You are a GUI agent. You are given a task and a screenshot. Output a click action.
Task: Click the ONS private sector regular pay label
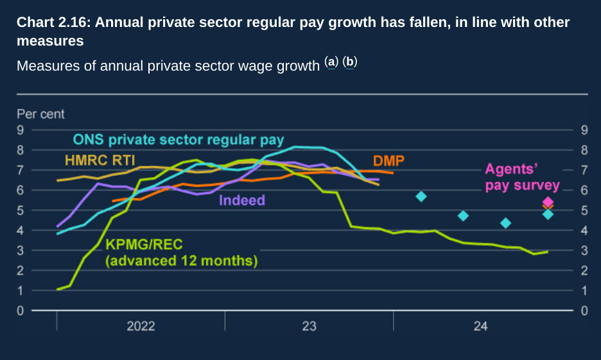click(x=178, y=139)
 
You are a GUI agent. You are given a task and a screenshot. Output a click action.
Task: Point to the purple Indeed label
click(x=242, y=200)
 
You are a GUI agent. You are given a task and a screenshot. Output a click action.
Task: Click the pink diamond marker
click(x=548, y=202)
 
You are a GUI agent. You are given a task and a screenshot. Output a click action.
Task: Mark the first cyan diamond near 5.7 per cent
click(x=421, y=196)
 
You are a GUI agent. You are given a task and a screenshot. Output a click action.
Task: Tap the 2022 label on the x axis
click(x=141, y=327)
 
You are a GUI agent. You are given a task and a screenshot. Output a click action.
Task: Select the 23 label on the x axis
click(x=309, y=327)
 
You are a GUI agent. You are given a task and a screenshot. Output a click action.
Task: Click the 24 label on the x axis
click(x=480, y=327)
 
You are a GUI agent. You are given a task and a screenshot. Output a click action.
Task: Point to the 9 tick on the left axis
click(x=21, y=130)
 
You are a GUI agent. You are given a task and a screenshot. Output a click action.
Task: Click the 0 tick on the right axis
click(x=584, y=311)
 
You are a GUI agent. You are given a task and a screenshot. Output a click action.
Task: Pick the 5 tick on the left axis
click(x=21, y=210)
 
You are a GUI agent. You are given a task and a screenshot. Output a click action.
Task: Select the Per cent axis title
click(x=40, y=114)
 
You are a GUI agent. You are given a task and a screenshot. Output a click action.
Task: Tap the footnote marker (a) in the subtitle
click(x=331, y=62)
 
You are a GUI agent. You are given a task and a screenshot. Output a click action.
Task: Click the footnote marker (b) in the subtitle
click(x=349, y=62)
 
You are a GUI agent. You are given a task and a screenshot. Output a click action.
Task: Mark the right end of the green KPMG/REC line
click(x=547, y=252)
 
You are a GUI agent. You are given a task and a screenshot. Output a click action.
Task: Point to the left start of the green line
click(x=58, y=289)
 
